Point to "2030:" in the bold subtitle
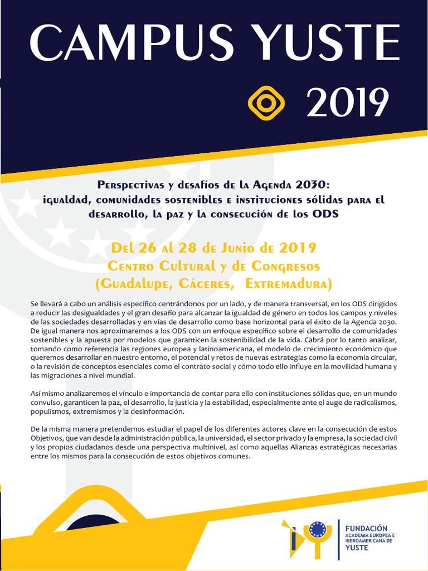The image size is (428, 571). point(314,185)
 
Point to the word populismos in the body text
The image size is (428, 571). point(51,411)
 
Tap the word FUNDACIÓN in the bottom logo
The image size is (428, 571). point(366,528)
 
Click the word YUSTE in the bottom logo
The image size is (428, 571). point(357,548)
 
